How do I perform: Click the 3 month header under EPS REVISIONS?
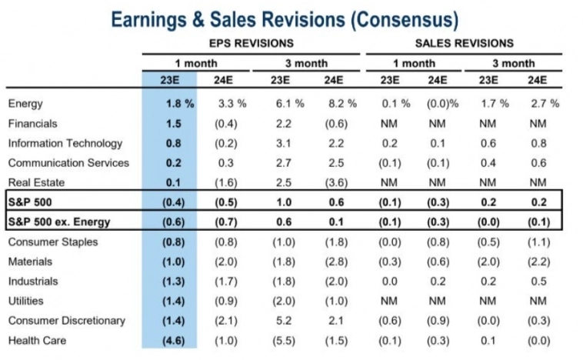pos(305,63)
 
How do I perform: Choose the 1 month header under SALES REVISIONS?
pos(413,63)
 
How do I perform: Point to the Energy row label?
pos(25,103)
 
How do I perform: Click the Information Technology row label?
pos(65,143)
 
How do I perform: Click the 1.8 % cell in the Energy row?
pos(178,103)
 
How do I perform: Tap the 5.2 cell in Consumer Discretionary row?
pos(282,321)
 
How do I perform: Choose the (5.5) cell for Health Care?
pos(282,341)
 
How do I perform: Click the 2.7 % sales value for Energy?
pos(545,103)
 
